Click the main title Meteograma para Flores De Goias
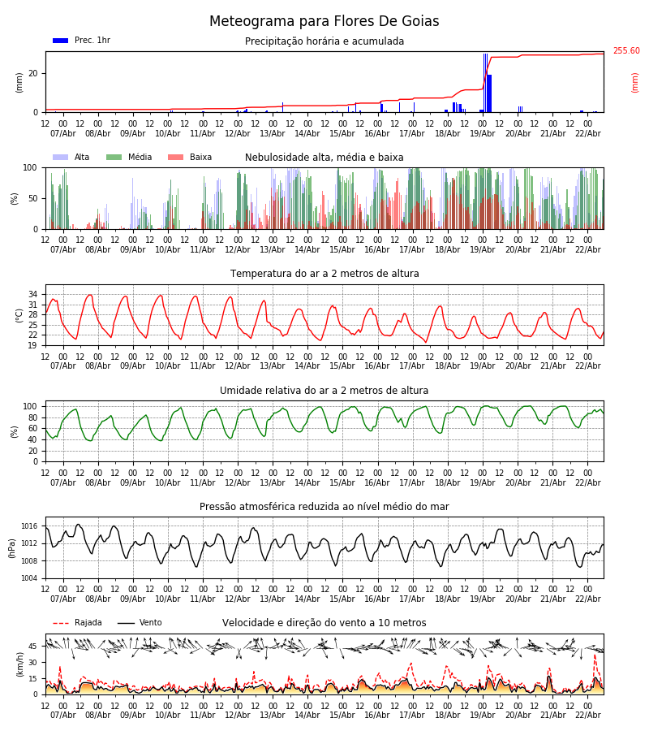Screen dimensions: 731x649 coord(324,22)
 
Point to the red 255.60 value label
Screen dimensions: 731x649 coord(625,51)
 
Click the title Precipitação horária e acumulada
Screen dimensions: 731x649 coord(324,41)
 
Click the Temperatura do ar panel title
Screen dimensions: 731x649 coord(324,274)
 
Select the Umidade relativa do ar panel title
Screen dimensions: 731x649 coord(324,391)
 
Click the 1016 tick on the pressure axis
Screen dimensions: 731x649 coord(29,526)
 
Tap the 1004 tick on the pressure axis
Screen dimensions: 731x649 coord(29,578)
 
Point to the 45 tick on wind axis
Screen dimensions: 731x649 coord(33,647)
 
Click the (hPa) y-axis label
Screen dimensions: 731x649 coord(13,547)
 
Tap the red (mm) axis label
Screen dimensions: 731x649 coord(635,82)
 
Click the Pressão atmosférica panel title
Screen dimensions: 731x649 coord(324,507)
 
